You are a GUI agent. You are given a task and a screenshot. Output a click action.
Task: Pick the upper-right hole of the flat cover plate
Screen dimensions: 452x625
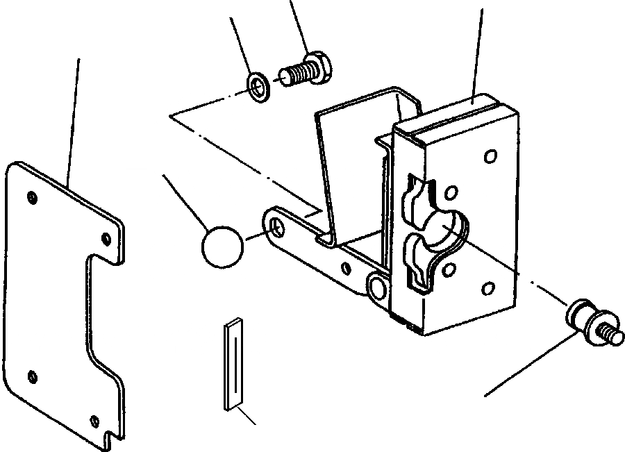point(106,238)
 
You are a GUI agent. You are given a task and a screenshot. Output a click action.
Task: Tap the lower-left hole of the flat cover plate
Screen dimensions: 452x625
point(32,377)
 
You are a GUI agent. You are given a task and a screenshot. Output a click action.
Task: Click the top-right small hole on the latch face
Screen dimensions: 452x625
point(491,157)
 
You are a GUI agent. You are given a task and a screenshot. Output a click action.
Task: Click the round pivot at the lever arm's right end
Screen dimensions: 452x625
point(378,286)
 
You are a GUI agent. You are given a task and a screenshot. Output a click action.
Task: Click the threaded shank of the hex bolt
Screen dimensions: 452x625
point(294,73)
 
